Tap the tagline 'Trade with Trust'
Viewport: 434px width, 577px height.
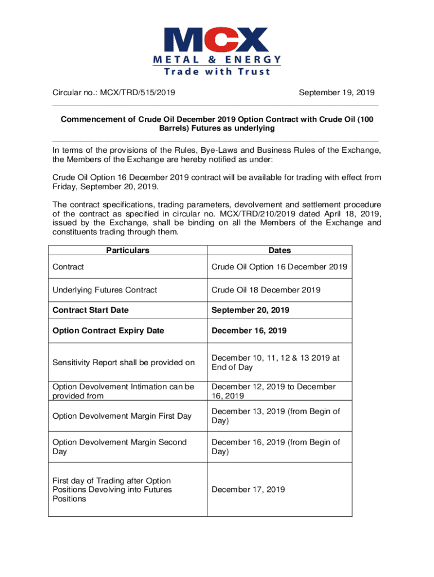coord(216,72)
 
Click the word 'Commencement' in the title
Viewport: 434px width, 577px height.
coord(95,119)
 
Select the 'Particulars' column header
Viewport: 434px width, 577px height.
coord(128,250)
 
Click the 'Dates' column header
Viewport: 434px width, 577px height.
coord(280,250)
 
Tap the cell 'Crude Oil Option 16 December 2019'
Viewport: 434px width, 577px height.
coord(279,267)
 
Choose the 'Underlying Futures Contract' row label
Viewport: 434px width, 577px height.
coord(104,290)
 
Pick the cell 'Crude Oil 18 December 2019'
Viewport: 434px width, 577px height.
coord(265,290)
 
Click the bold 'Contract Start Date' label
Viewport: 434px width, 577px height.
coord(90,310)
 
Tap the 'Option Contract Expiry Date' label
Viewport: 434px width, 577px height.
coord(108,331)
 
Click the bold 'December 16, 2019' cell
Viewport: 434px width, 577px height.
coord(249,331)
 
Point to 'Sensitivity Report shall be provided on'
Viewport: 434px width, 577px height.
coord(123,363)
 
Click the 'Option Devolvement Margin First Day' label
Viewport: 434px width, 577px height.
coord(122,416)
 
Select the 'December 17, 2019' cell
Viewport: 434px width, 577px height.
coord(248,490)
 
